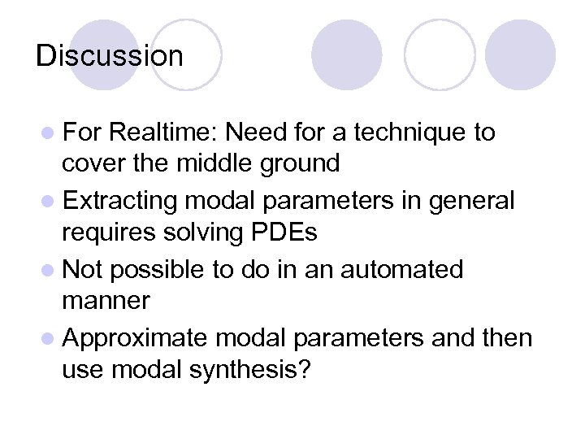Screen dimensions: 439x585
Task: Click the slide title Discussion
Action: (x=110, y=56)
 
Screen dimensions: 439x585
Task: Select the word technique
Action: (x=414, y=133)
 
